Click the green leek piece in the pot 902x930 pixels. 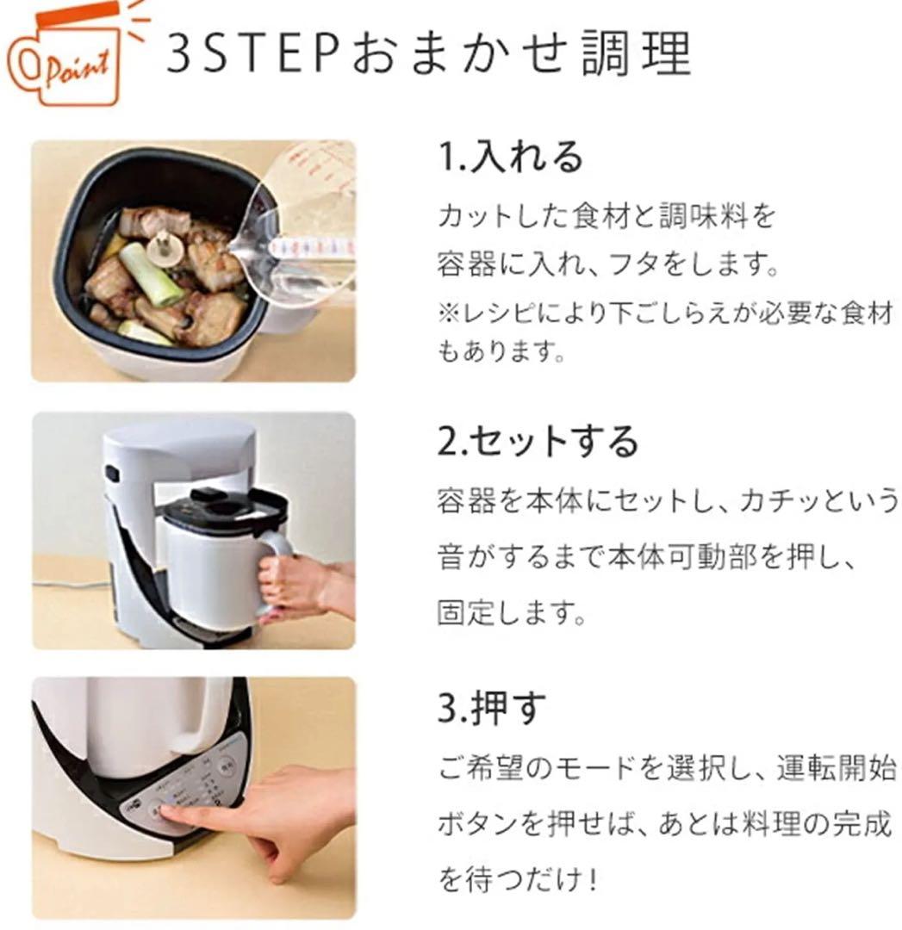tap(152, 274)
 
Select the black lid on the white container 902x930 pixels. tap(224, 512)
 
